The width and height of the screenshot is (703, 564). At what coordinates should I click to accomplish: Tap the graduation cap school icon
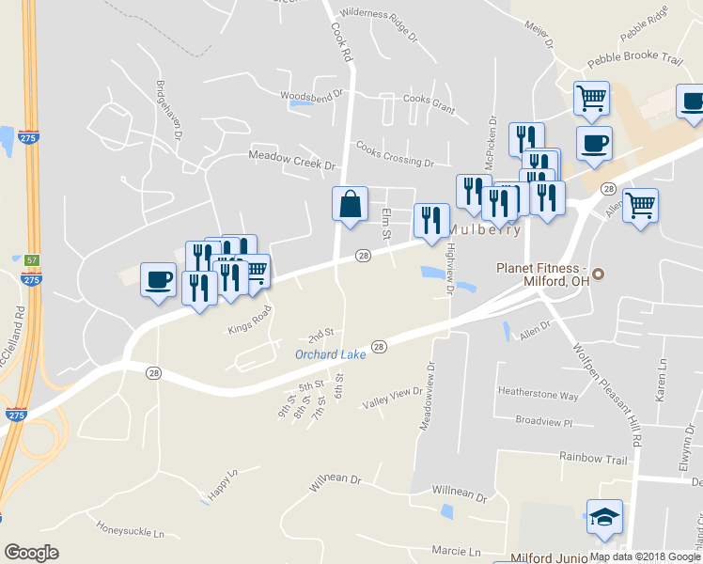[x=604, y=516]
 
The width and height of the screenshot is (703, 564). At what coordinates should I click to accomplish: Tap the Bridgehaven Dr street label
[x=172, y=108]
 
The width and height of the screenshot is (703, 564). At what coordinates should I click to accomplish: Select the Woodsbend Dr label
[x=313, y=95]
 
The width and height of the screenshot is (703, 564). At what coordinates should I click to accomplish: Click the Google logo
[x=31, y=553]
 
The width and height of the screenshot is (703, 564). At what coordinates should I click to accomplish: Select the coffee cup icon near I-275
[x=158, y=278]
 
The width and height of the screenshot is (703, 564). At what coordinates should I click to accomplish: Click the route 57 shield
[x=32, y=259]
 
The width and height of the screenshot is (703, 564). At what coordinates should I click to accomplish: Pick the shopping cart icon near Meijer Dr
[x=591, y=97]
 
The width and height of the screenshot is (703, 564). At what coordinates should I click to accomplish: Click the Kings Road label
[x=249, y=321]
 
